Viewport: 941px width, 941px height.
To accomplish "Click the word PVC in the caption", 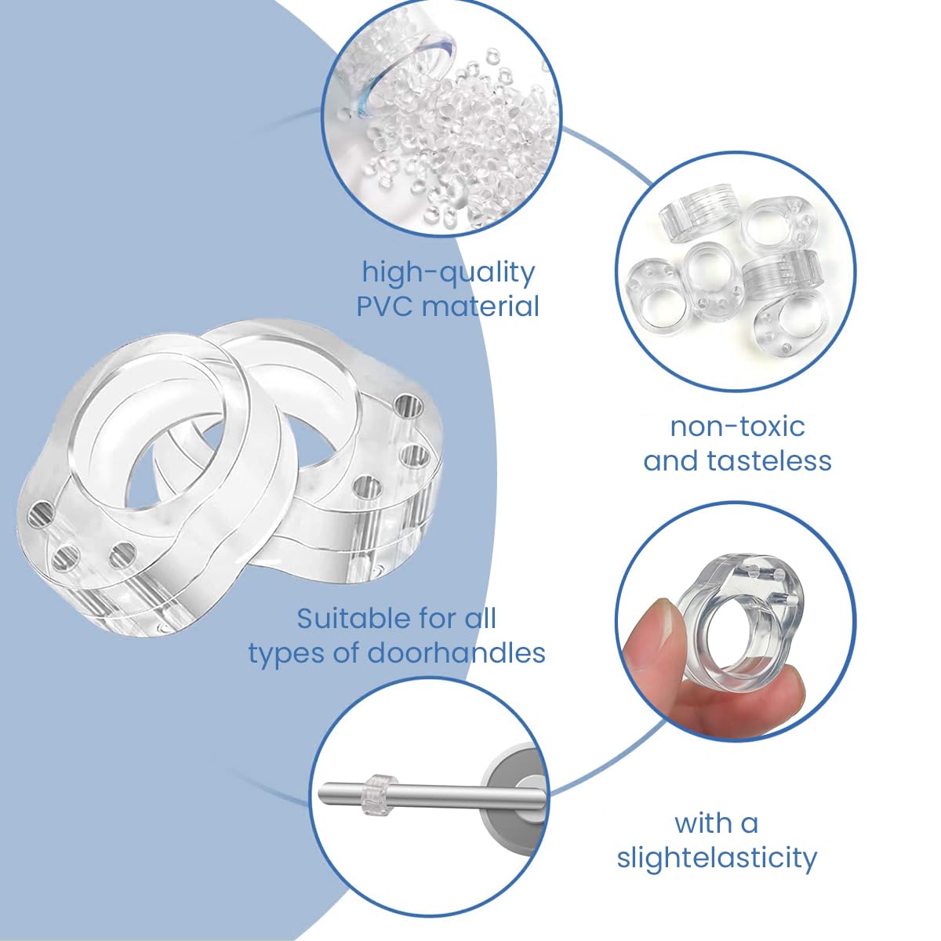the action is click(386, 306).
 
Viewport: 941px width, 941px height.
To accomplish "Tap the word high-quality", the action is click(449, 274).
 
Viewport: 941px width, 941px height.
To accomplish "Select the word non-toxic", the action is click(737, 427).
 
